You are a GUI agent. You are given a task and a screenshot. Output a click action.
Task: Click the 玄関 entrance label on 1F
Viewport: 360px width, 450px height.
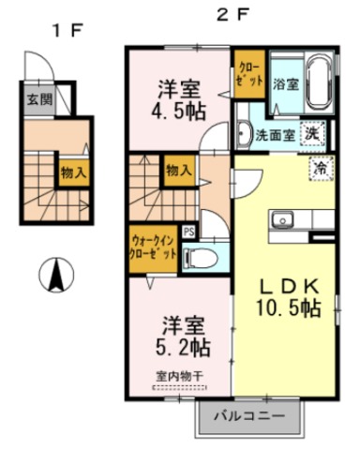pyautogui.click(x=39, y=100)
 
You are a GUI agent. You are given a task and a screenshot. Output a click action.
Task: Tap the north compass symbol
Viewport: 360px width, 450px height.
pyautogui.click(x=56, y=275)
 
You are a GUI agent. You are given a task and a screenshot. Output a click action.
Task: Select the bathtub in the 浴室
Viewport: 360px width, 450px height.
pyautogui.click(x=320, y=82)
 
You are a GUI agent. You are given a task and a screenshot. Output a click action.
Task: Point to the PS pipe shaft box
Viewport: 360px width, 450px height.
pyautogui.click(x=188, y=232)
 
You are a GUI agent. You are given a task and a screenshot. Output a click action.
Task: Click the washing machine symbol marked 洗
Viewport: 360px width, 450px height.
pyautogui.click(x=312, y=134)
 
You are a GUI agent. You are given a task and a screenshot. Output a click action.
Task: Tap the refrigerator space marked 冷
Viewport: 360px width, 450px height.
pyautogui.click(x=321, y=168)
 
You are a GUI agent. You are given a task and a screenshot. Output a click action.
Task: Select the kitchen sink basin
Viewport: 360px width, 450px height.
pyautogui.click(x=283, y=220)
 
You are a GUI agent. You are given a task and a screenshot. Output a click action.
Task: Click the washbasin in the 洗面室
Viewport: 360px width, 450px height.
pyautogui.click(x=244, y=134)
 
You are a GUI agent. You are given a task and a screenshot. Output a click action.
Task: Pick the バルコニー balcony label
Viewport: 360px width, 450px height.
pyautogui.click(x=249, y=416)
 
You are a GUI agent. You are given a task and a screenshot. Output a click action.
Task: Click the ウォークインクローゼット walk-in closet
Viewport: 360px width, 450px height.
pyautogui.click(x=153, y=248)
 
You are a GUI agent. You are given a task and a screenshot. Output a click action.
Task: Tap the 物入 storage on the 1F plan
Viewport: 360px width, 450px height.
pyautogui.click(x=74, y=172)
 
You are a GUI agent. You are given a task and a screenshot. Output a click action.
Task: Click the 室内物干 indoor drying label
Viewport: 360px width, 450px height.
pyautogui.click(x=180, y=377)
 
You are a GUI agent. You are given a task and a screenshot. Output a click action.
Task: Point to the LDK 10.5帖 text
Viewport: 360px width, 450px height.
pyautogui.click(x=289, y=297)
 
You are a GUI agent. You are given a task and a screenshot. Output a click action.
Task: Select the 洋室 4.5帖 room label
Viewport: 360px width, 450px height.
pyautogui.click(x=179, y=100)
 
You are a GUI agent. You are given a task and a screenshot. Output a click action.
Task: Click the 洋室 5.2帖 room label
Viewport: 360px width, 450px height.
pyautogui.click(x=183, y=337)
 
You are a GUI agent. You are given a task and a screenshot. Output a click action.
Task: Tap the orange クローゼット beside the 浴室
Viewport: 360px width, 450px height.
pyautogui.click(x=250, y=74)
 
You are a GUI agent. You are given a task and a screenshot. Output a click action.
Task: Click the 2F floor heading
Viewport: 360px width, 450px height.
pyautogui.click(x=233, y=14)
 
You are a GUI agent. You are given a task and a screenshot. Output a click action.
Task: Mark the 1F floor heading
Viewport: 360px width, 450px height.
pyautogui.click(x=67, y=30)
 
